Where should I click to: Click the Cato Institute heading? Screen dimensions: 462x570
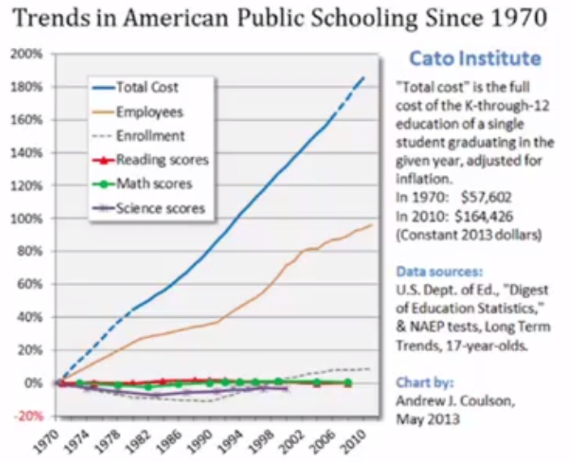(x=474, y=58)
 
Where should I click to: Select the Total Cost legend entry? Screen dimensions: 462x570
(x=147, y=88)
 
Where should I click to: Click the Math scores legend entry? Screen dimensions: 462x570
(x=155, y=184)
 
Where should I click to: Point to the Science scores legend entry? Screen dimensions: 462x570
(x=160, y=208)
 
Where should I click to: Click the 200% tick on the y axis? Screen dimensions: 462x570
(x=30, y=54)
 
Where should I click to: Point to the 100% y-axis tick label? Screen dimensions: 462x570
(x=30, y=219)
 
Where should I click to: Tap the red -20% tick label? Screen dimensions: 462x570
(x=31, y=416)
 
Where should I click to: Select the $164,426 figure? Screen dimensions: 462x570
(x=488, y=216)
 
